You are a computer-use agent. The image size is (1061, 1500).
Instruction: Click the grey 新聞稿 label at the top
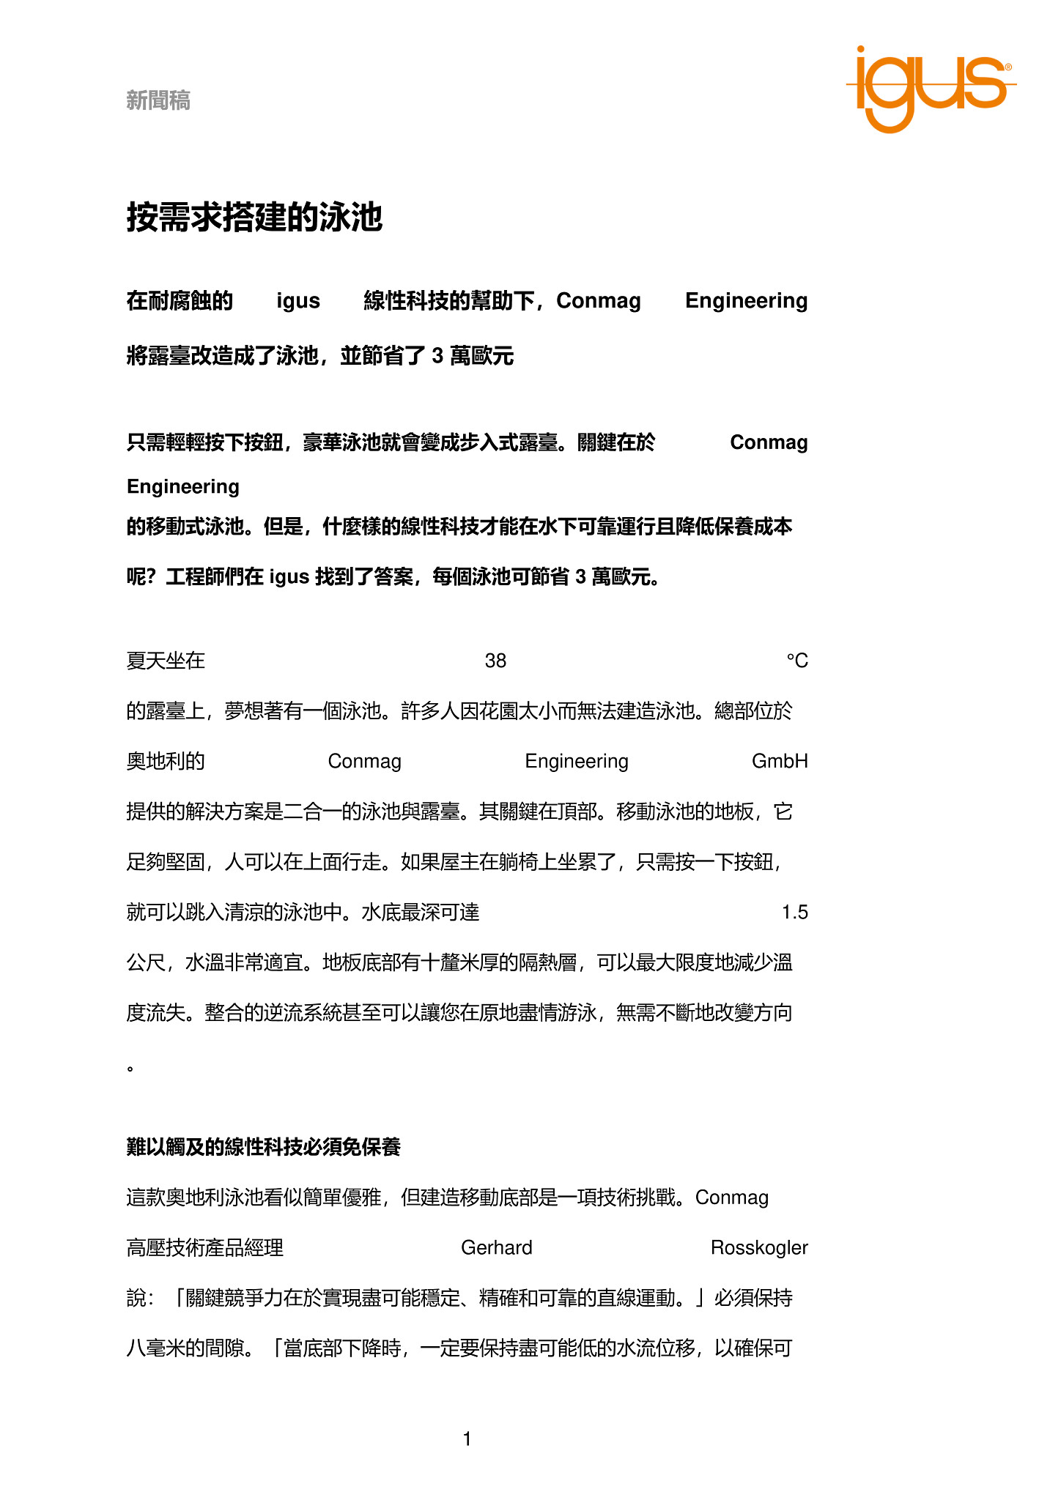tap(158, 100)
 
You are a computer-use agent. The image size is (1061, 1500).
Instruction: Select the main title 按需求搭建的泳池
tap(254, 218)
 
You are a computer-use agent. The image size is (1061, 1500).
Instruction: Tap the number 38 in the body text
tap(495, 661)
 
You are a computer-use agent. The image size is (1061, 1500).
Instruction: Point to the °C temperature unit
tap(796, 661)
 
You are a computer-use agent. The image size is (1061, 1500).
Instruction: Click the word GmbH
tap(780, 762)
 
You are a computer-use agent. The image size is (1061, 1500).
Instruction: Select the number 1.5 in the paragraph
tap(794, 913)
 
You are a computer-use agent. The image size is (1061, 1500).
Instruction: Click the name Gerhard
tap(496, 1248)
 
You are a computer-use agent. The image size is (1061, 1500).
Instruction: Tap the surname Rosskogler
tap(759, 1248)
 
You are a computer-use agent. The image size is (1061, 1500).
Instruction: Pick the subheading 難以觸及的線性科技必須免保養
tap(264, 1147)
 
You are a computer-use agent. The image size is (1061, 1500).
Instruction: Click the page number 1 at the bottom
tap(467, 1439)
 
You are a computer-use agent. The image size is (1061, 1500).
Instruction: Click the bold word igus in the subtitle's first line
tap(298, 301)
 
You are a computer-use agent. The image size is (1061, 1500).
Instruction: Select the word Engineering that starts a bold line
tap(183, 487)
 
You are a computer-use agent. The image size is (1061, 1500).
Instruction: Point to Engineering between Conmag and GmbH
tap(577, 762)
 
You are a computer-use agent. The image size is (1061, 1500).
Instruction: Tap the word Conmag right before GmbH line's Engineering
tap(364, 762)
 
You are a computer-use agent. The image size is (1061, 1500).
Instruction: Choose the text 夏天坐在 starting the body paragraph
tap(166, 661)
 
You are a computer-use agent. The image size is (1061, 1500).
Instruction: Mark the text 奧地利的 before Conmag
tap(166, 762)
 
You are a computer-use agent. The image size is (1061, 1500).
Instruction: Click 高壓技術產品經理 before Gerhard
tap(205, 1248)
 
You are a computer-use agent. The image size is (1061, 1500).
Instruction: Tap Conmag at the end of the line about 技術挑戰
tap(731, 1198)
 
